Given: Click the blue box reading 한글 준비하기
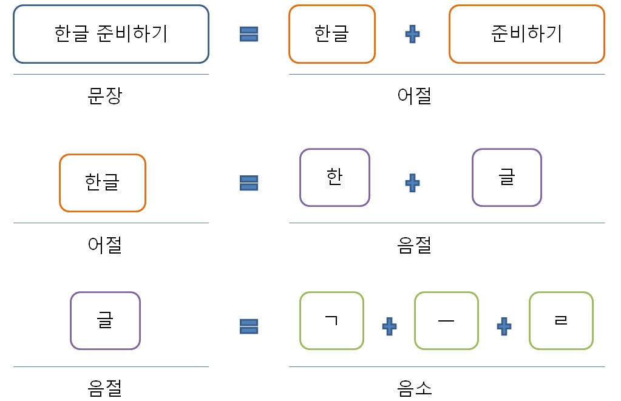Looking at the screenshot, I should coord(111,34).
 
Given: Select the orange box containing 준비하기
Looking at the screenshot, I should coord(526,34).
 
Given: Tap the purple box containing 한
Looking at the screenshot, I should coord(334,177).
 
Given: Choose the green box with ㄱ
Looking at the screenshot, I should coord(331,320).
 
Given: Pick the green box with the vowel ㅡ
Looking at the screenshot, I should coord(446,320).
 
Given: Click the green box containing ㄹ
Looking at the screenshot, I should coord(561,320).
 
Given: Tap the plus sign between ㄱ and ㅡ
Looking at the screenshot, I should coord(389,326).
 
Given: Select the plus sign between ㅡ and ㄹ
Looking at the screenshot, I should coord(504,326).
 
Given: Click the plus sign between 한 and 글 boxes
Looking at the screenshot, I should coord(412,183).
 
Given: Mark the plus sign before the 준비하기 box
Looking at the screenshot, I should coord(412,35).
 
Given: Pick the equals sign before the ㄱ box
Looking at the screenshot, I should coord(249,328).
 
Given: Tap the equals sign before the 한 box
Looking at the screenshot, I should coord(249,183).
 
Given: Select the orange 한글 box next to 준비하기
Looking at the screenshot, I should coord(332,34).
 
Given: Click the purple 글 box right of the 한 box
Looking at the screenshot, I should coord(507,177).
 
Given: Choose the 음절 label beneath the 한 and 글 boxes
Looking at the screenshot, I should coord(415,244).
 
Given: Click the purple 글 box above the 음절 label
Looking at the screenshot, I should coord(105,320).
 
